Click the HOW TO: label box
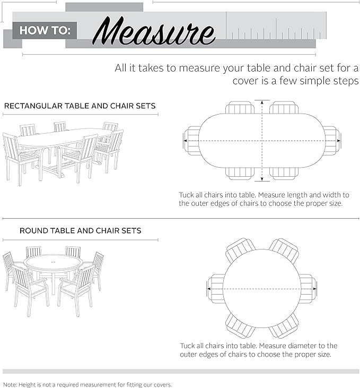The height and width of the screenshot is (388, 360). (45, 30)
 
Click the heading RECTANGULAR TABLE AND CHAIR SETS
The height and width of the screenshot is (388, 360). (80, 106)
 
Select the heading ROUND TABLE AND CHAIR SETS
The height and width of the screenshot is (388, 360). (80, 231)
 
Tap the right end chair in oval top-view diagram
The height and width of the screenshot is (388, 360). (331, 141)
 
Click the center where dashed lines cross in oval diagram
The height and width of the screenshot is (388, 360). (261, 141)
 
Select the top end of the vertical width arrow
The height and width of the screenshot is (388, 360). (261, 101)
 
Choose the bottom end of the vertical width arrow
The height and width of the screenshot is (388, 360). (261, 180)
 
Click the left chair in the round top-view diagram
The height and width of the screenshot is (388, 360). (216, 289)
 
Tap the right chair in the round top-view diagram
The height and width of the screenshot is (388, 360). (308, 289)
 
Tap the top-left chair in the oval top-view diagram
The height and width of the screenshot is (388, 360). (240, 108)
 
